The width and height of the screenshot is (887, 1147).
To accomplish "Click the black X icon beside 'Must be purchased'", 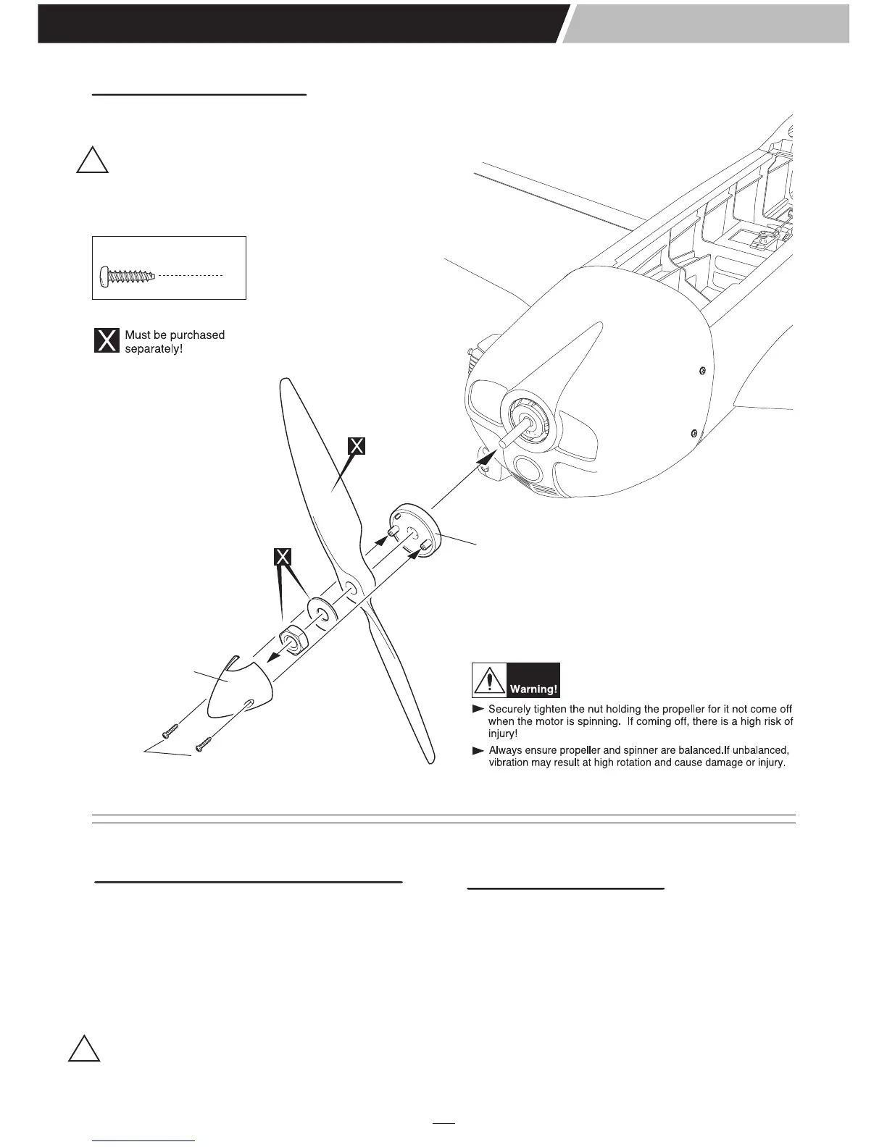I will pyautogui.click(x=107, y=340).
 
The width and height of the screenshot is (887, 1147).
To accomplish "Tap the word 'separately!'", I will pyautogui.click(x=154, y=350).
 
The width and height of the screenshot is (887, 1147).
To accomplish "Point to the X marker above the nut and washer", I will pyautogui.click(x=283, y=557).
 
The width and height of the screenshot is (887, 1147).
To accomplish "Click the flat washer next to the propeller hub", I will pyautogui.click(x=320, y=609).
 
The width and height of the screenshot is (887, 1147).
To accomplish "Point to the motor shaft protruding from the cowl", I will pyautogui.click(x=512, y=433).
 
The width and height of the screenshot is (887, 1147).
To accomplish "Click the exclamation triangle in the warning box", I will pyautogui.click(x=490, y=681).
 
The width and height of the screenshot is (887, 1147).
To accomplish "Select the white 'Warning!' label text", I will pyautogui.click(x=533, y=689).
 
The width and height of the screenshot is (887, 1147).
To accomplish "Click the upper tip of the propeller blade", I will pyautogui.click(x=286, y=384).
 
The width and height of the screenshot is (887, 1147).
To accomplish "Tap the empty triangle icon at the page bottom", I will pyautogui.click(x=84, y=1049).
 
